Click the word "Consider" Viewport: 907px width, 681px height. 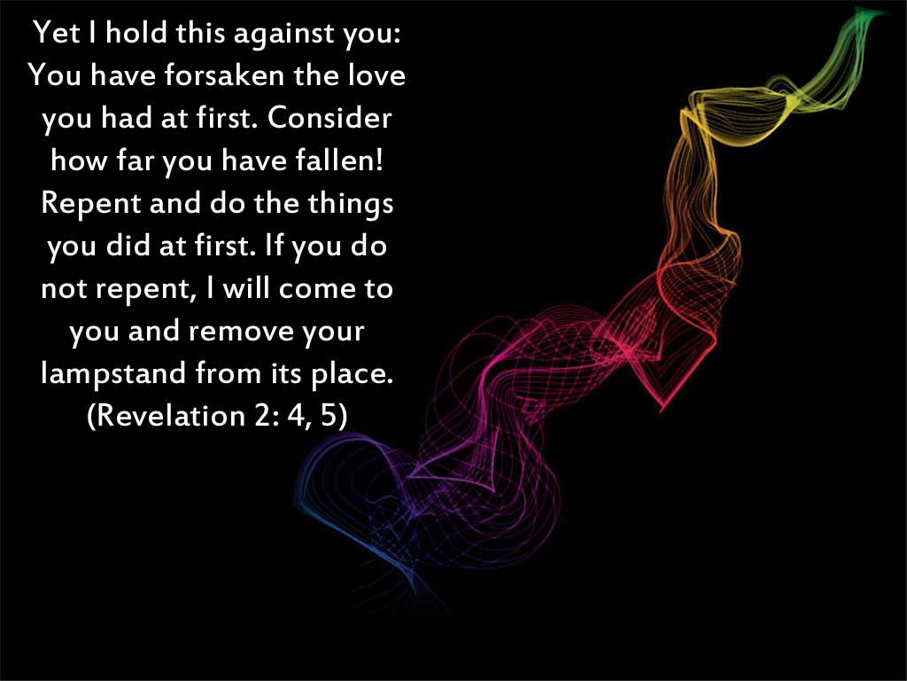(329, 118)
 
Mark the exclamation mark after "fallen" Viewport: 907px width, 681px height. (379, 160)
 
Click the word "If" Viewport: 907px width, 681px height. (274, 246)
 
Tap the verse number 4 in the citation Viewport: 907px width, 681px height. (296, 416)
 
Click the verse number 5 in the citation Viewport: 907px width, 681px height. (329, 416)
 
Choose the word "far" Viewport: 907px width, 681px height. (136, 160)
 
